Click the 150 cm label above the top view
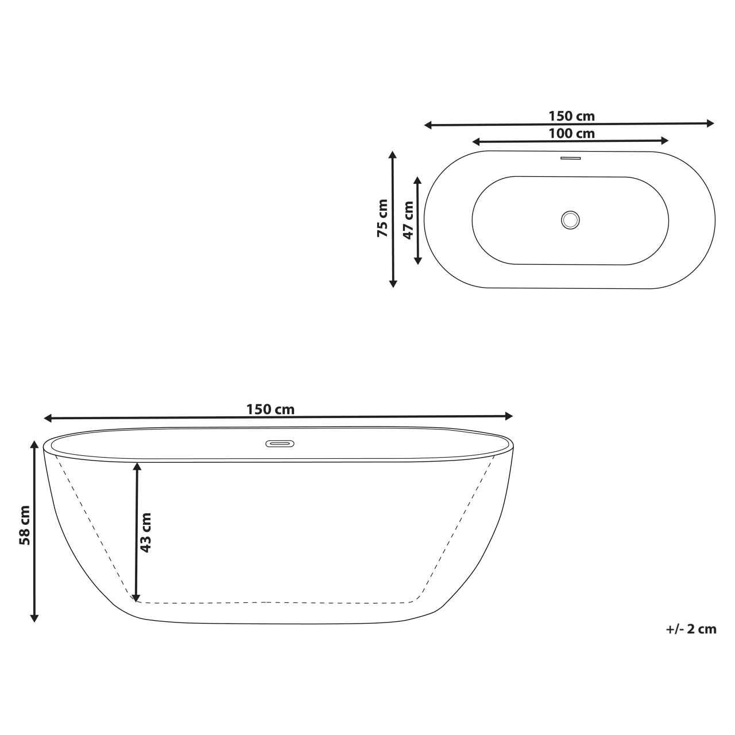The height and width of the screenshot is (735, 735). pos(571,116)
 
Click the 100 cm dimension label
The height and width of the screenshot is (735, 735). pos(571,134)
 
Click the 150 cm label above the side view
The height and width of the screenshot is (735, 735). pos(270,409)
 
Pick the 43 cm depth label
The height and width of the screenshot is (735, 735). pos(146,532)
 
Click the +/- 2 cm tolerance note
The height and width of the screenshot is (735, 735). pos(691,629)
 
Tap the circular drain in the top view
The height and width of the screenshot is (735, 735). pos(570,219)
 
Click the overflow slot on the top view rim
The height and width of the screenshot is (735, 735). pos(570,158)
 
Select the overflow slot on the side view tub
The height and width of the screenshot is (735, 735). pos(280,444)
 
